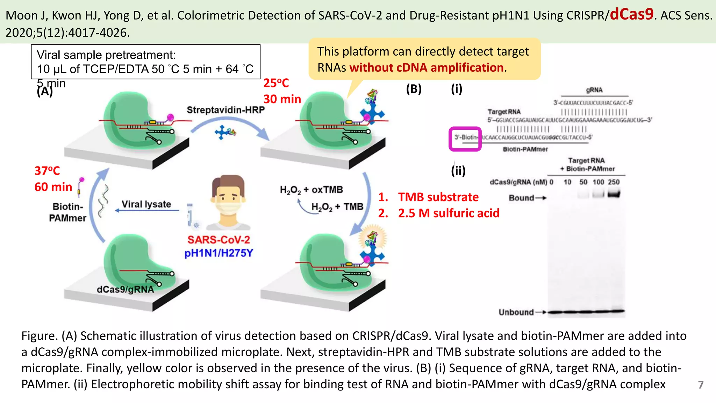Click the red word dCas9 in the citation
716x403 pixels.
coord(631,14)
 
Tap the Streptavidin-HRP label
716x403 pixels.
coord(225,110)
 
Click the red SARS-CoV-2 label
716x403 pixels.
coord(219,240)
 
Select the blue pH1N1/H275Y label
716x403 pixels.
coord(219,253)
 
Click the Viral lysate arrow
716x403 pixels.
coord(147,210)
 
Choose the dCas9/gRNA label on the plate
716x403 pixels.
coord(125,289)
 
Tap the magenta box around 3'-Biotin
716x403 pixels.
coord(465,139)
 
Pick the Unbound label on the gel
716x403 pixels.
coord(516,312)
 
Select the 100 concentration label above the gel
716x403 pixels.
coord(598,182)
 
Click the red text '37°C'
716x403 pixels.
coord(47,171)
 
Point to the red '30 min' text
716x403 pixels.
coord(282,99)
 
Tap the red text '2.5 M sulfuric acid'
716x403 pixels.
coord(449,213)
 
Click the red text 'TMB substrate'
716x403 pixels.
coord(438,197)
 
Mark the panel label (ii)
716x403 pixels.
coord(458,171)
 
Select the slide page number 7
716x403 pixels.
coord(701,385)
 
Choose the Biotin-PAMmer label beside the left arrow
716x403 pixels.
coord(67,212)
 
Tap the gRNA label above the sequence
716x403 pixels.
coord(594,90)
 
